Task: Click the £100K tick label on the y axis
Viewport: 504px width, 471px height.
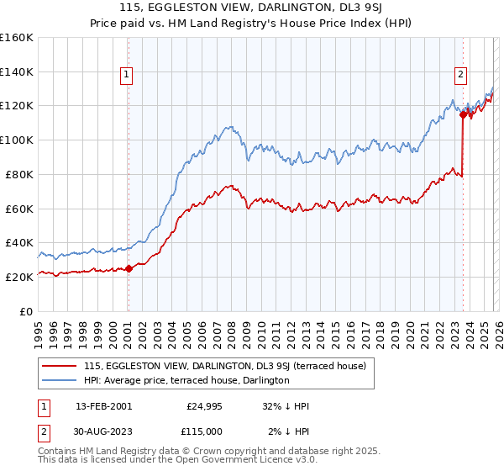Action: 17,140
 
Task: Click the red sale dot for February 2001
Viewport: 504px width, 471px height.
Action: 129,268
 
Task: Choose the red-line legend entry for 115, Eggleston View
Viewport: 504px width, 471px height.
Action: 224,366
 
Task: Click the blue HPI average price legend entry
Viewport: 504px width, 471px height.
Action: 186,380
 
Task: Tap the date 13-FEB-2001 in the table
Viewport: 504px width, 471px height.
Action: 103,406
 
